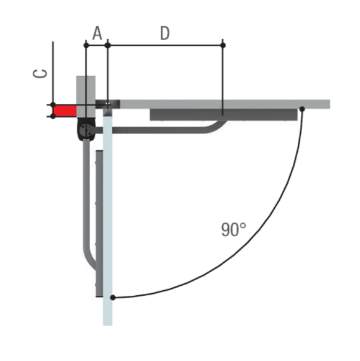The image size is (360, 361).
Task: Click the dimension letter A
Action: [97, 33]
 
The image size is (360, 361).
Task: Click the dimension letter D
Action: [165, 33]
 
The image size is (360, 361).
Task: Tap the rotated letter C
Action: [40, 74]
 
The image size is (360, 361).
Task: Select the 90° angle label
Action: [234, 229]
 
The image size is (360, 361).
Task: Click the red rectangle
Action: [65, 111]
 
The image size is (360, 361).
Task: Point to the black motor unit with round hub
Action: [86, 129]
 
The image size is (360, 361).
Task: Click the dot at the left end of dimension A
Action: [86, 45]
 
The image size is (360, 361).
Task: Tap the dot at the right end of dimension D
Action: [223, 45]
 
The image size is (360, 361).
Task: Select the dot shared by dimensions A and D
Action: [108, 45]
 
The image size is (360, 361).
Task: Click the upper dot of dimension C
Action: [53, 105]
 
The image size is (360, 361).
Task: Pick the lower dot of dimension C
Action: [53, 116]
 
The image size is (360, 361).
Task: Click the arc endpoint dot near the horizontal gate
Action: [302, 109]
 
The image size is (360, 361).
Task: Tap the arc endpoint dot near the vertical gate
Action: [113, 298]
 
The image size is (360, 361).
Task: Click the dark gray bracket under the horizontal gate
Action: [223, 115]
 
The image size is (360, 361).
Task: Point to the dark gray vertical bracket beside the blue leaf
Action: [99, 223]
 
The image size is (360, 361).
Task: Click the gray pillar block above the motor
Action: [86, 97]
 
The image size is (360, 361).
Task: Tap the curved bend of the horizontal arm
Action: [215, 128]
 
